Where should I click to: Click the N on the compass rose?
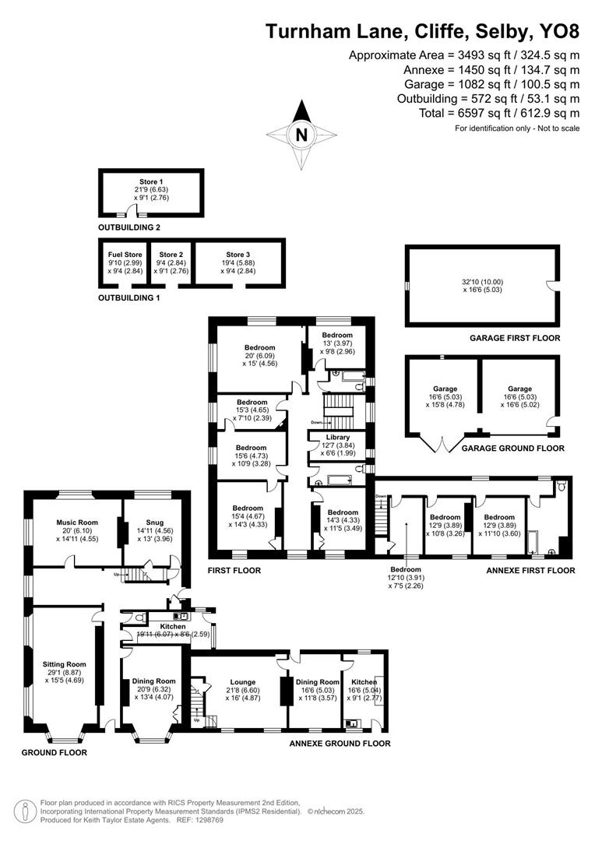[x=301, y=134]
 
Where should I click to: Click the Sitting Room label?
[x=65, y=664]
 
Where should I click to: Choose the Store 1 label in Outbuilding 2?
[x=151, y=181]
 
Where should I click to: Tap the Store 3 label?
[x=238, y=254]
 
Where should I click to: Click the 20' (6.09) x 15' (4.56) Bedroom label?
[x=259, y=347]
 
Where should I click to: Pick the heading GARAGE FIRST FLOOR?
[x=514, y=338]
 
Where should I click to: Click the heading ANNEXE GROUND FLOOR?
[x=340, y=744]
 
